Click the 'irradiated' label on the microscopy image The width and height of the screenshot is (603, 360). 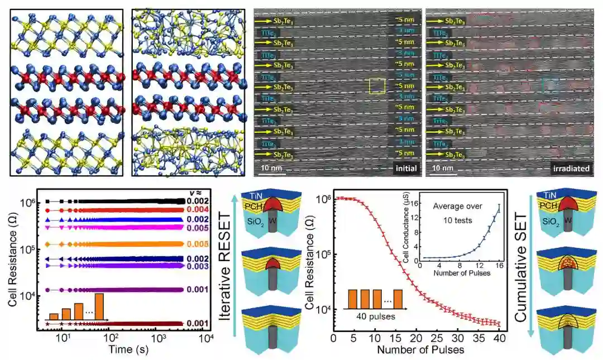click(x=570, y=168)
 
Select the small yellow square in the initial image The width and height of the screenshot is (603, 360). click(x=377, y=86)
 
